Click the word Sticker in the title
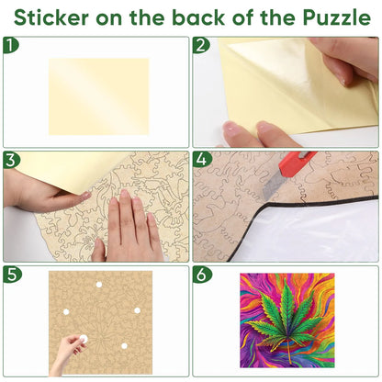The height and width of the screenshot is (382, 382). [51, 17]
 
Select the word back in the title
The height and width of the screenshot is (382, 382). [199, 17]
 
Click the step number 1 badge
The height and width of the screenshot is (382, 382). [11, 45]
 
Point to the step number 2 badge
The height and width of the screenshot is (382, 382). [201, 45]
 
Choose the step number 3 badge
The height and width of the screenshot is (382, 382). [11, 160]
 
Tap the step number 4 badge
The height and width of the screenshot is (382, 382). [202, 160]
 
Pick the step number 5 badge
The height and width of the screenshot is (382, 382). [12, 275]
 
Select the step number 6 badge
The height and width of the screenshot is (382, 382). [202, 275]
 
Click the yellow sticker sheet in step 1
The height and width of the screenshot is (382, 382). [98, 96]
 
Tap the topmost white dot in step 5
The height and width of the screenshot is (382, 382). [99, 285]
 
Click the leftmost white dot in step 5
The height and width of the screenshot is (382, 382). [66, 312]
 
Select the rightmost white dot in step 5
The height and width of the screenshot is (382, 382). [137, 310]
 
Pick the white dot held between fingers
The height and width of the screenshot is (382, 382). [84, 339]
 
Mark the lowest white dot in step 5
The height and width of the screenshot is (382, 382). [124, 346]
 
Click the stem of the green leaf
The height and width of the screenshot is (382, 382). [289, 350]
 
